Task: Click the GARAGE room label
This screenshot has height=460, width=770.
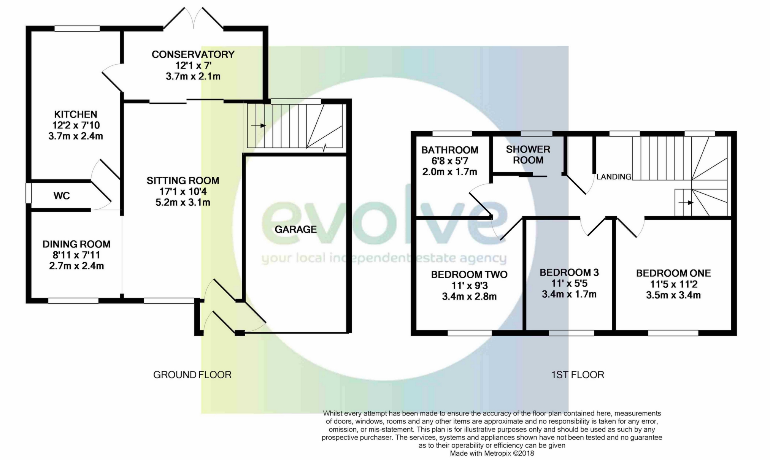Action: tap(295, 229)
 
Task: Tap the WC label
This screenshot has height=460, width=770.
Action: tap(62, 196)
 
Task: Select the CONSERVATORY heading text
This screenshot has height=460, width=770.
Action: tap(193, 54)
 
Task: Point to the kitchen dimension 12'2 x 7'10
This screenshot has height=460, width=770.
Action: tap(76, 125)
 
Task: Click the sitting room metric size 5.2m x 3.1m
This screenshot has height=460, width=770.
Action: tap(183, 202)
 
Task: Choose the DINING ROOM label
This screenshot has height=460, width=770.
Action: tap(76, 244)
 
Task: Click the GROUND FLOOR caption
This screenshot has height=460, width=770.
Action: tap(192, 375)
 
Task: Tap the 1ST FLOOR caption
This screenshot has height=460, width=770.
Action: tap(578, 375)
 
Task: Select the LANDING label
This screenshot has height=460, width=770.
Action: tap(614, 177)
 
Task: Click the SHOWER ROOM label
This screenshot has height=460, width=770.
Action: tap(528, 155)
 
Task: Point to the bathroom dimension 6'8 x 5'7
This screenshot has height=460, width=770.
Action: tap(450, 161)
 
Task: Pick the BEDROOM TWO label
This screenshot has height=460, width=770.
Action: tap(469, 274)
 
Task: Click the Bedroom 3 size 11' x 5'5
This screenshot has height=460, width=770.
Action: tap(569, 283)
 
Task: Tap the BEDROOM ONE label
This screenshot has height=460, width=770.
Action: tap(673, 273)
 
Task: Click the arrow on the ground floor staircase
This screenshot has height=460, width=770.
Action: tap(259, 125)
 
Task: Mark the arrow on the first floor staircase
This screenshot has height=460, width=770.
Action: tap(686, 203)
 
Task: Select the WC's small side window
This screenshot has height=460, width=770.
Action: tap(29, 194)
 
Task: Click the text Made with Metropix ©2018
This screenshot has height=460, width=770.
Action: tap(492, 454)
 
